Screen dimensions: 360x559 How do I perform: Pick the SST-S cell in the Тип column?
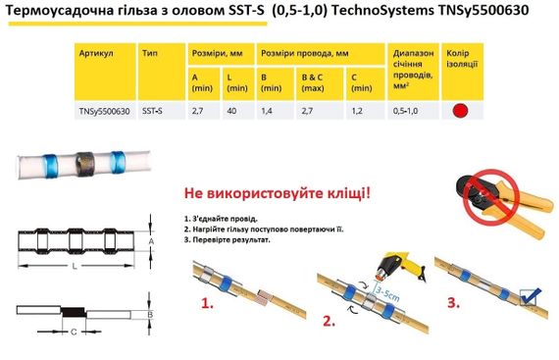(x=154, y=112)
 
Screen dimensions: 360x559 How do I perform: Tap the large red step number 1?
(x=207, y=305)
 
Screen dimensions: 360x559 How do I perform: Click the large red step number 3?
(x=453, y=305)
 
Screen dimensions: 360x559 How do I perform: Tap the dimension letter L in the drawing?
(x=74, y=267)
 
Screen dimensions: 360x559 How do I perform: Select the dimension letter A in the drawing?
(x=148, y=238)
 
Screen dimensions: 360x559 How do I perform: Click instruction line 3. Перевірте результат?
(x=227, y=238)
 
